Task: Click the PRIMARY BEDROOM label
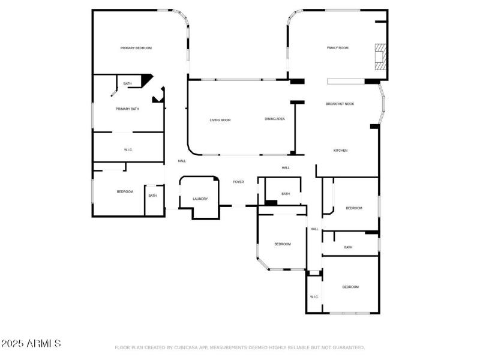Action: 136,48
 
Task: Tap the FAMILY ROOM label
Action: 337,48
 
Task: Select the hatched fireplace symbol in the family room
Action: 380,55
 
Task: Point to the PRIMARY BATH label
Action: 127,109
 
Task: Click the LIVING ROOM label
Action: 220,120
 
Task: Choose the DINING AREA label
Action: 275,119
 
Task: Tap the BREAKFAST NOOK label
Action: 340,104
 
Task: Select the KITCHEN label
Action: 340,151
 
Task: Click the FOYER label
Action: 238,182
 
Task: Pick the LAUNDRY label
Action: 200,199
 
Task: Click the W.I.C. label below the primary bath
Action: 128,149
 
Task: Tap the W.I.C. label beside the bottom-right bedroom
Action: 314,297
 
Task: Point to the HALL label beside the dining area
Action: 286,168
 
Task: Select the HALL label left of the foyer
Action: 182,161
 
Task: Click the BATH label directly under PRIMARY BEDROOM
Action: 127,83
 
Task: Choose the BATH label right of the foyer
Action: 286,194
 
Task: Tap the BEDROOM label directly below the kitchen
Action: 354,208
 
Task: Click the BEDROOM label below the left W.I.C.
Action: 125,191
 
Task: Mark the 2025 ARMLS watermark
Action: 31,344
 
